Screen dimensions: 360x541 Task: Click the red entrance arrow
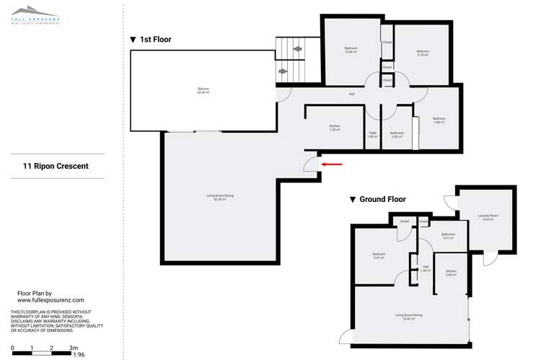(x=332, y=164)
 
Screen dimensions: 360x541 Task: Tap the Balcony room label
(x=203, y=92)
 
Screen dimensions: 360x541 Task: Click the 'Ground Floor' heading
(x=377, y=199)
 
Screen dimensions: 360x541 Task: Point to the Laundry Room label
(x=488, y=217)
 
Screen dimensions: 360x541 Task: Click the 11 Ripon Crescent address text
(x=56, y=166)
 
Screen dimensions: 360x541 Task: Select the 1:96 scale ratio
(x=79, y=355)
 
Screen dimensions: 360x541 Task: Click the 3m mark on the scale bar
(x=73, y=348)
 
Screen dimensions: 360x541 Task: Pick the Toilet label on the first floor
(x=373, y=133)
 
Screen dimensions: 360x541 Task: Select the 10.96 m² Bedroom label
(x=351, y=50)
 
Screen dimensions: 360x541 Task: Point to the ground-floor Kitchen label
(x=452, y=273)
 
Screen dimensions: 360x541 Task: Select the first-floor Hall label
(x=351, y=94)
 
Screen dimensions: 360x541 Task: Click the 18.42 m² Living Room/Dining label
(x=408, y=317)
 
